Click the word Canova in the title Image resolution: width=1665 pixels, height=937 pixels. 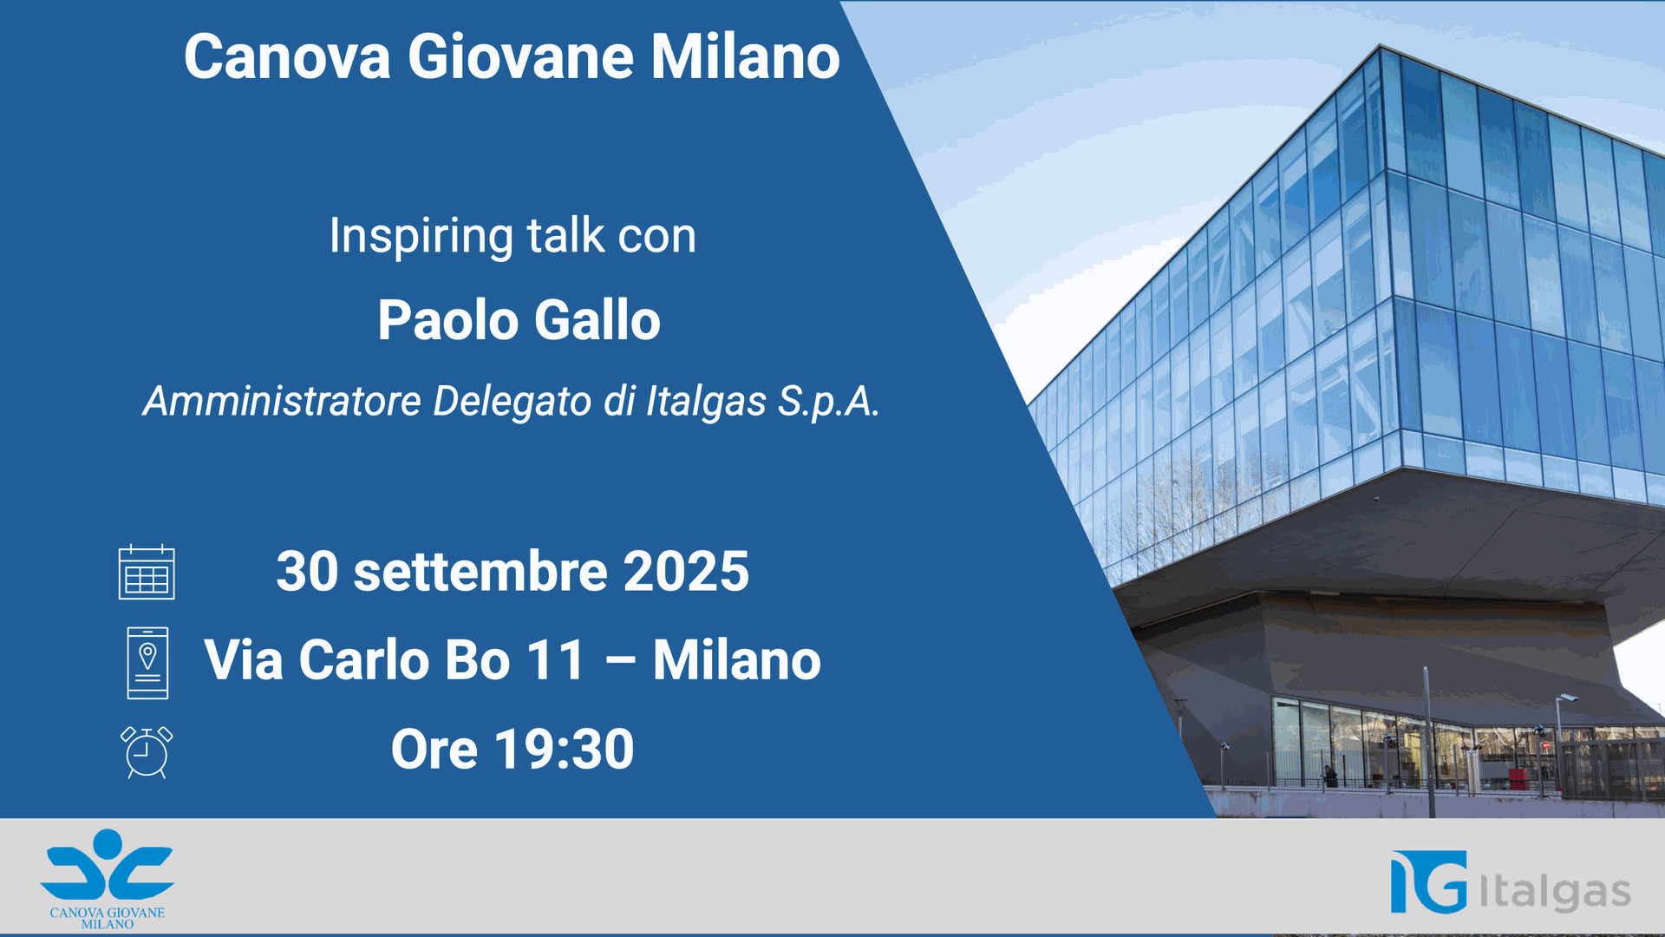(287, 57)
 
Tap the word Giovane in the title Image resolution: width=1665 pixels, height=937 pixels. (521, 57)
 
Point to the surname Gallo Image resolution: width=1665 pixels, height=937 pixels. (597, 320)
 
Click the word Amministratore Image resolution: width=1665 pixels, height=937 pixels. (283, 401)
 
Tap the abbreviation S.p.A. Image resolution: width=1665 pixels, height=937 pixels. (828, 403)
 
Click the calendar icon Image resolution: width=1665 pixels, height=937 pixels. (147, 572)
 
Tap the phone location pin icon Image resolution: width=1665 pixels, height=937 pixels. (147, 663)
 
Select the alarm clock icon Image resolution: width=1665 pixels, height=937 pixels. (147, 752)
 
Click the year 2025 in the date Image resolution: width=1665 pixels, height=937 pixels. (686, 572)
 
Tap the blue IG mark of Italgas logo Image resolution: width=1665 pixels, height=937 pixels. (1429, 881)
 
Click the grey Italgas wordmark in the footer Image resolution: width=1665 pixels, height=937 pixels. (1555, 891)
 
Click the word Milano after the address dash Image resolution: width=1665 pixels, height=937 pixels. (737, 660)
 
